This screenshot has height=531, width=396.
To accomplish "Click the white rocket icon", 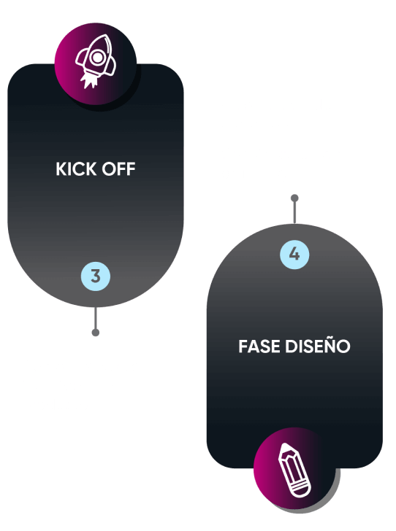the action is [x=96, y=61].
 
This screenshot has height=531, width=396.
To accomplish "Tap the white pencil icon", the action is [x=294, y=470].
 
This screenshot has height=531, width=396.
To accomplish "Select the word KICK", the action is [x=76, y=169].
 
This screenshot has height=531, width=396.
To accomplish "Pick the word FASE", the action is [x=259, y=346].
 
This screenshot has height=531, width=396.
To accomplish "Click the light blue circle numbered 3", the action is [x=96, y=276].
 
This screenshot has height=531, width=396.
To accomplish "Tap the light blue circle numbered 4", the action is [x=294, y=254].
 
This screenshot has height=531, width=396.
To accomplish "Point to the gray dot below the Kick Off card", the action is [x=96, y=333].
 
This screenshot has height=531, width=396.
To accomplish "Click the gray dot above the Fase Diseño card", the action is [x=294, y=198].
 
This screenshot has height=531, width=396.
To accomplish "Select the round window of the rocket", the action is [x=97, y=58].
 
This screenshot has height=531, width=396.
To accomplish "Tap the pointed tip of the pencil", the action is [x=284, y=447].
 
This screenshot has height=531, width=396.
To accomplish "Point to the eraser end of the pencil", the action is [x=302, y=491].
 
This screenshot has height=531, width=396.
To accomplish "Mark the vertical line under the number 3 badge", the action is [x=96, y=318].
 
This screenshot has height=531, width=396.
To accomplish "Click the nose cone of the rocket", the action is [x=104, y=41].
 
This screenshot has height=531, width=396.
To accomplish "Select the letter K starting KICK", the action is [x=62, y=169].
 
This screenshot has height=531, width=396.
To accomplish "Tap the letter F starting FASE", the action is [x=243, y=346].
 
